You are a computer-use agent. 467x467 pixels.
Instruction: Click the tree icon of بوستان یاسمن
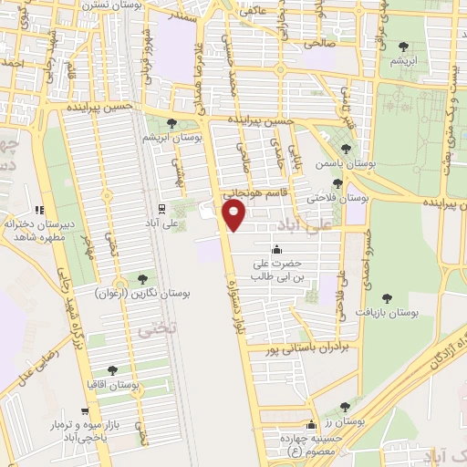point(344,150)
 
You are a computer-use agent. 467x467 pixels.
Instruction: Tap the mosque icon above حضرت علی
point(277,251)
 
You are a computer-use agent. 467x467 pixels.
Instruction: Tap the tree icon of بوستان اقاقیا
point(112,370)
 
